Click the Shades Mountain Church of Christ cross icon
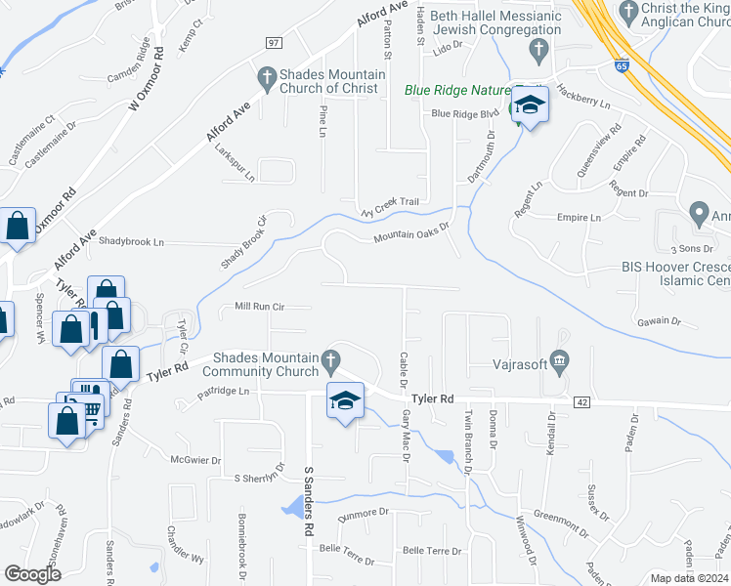click(265, 76)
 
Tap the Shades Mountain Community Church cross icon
click(332, 361)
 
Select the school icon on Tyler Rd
click(344, 402)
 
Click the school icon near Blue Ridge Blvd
click(529, 106)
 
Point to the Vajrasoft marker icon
click(559, 361)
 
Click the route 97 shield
click(274, 43)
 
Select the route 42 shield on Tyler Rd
click(580, 401)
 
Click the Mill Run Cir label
click(259, 307)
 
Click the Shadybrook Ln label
click(132, 241)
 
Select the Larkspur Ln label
click(236, 174)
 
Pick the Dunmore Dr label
click(364, 512)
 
